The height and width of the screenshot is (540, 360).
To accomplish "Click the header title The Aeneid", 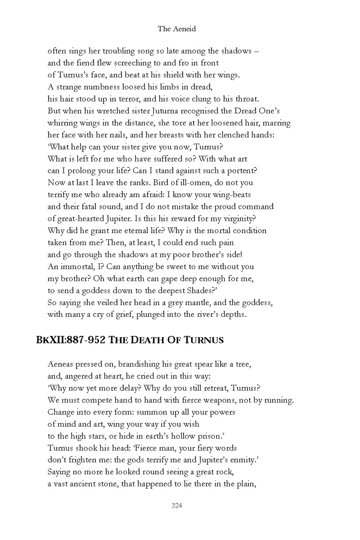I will pyautogui.click(x=176, y=29).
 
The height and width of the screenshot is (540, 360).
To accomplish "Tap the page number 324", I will pyautogui.click(x=176, y=506).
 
